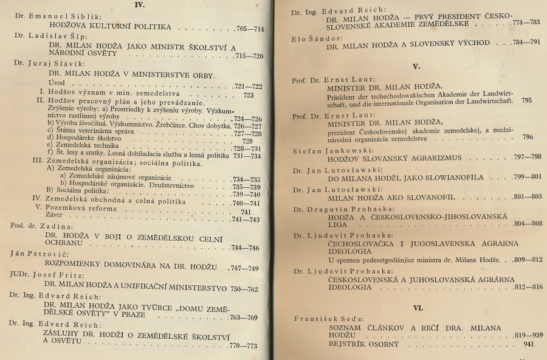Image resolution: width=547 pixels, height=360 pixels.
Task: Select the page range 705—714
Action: pos(250,28)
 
